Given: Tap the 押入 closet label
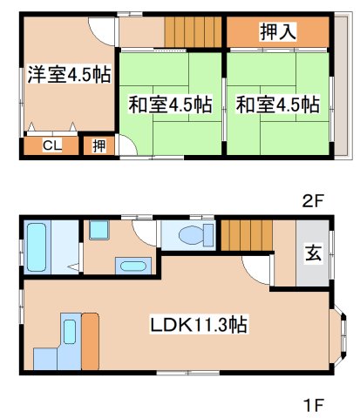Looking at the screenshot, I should [x=279, y=33].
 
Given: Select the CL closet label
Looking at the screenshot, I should [x=51, y=145].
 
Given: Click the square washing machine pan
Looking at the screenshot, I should [x=98, y=232].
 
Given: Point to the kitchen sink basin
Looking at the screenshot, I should [x=69, y=330].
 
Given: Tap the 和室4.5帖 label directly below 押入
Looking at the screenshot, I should [x=277, y=104].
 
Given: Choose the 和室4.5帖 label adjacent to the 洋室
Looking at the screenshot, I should [x=171, y=104].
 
